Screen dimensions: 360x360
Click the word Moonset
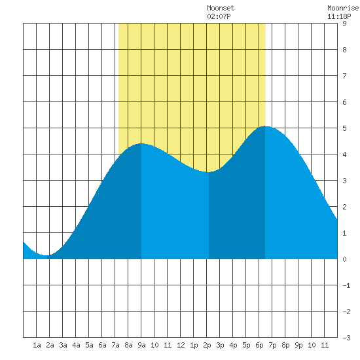(x=221, y=8)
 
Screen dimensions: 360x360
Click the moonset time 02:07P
(x=219, y=16)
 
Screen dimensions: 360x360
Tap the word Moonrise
(x=343, y=8)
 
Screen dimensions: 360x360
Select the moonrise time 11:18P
(x=339, y=16)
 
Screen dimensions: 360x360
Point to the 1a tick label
(x=37, y=345)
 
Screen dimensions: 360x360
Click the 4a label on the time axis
(x=76, y=345)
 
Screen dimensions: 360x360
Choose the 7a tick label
(x=115, y=345)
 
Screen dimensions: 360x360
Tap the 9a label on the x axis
(x=141, y=345)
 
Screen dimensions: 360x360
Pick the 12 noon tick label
(x=181, y=345)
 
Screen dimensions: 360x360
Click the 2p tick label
(x=207, y=345)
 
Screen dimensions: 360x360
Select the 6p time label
(x=259, y=345)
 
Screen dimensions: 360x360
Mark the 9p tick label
(x=298, y=345)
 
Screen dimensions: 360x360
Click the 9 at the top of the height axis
(x=344, y=24)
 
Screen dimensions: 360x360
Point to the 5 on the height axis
(x=344, y=128)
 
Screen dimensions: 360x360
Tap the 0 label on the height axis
(x=344, y=259)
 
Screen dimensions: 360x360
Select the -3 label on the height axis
(x=347, y=338)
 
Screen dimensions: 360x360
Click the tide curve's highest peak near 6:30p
(x=265, y=126)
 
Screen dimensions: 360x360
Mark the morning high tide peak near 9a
(x=141, y=143)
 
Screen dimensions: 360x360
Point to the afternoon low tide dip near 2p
(x=208, y=172)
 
